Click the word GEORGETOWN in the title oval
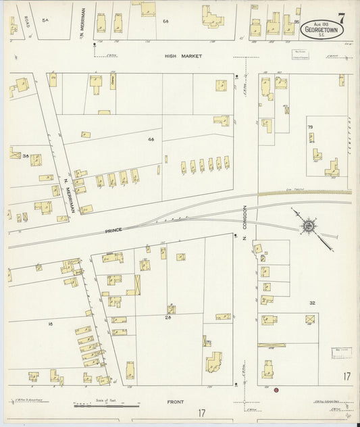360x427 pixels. [322, 30]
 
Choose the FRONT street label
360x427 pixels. [176, 402]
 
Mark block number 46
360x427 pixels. [151, 139]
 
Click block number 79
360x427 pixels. [311, 127]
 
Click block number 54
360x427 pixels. [45, 21]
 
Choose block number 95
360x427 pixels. [297, 22]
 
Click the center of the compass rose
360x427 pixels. [307, 224]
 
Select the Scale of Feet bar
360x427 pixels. [105, 406]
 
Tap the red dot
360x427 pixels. [276, 390]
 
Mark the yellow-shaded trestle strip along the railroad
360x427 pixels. [304, 193]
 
